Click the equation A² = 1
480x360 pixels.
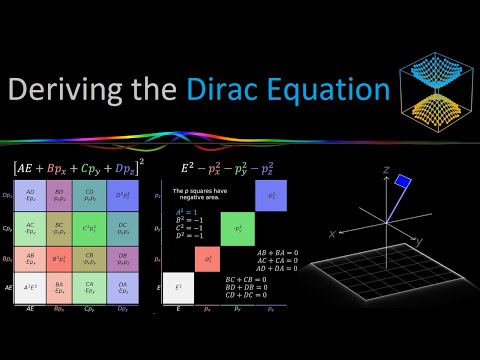click(185, 212)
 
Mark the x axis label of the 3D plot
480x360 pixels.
click(329, 234)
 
